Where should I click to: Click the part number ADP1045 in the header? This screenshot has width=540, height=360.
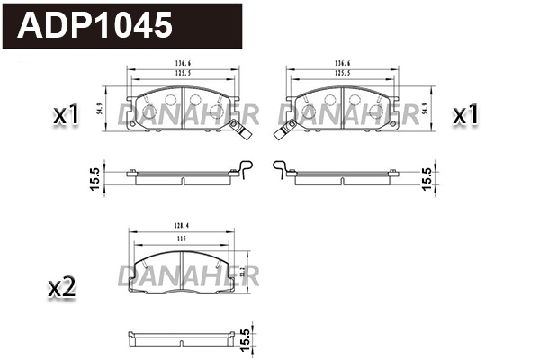pos(97,24)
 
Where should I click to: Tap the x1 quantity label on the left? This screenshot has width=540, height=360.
pos(67,115)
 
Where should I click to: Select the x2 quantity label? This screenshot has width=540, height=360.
pos(60,288)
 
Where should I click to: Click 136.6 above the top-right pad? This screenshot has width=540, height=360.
pos(342,63)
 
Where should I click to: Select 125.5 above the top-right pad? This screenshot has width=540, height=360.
pos(342,73)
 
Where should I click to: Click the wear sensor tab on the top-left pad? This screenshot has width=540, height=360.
pos(242,132)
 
